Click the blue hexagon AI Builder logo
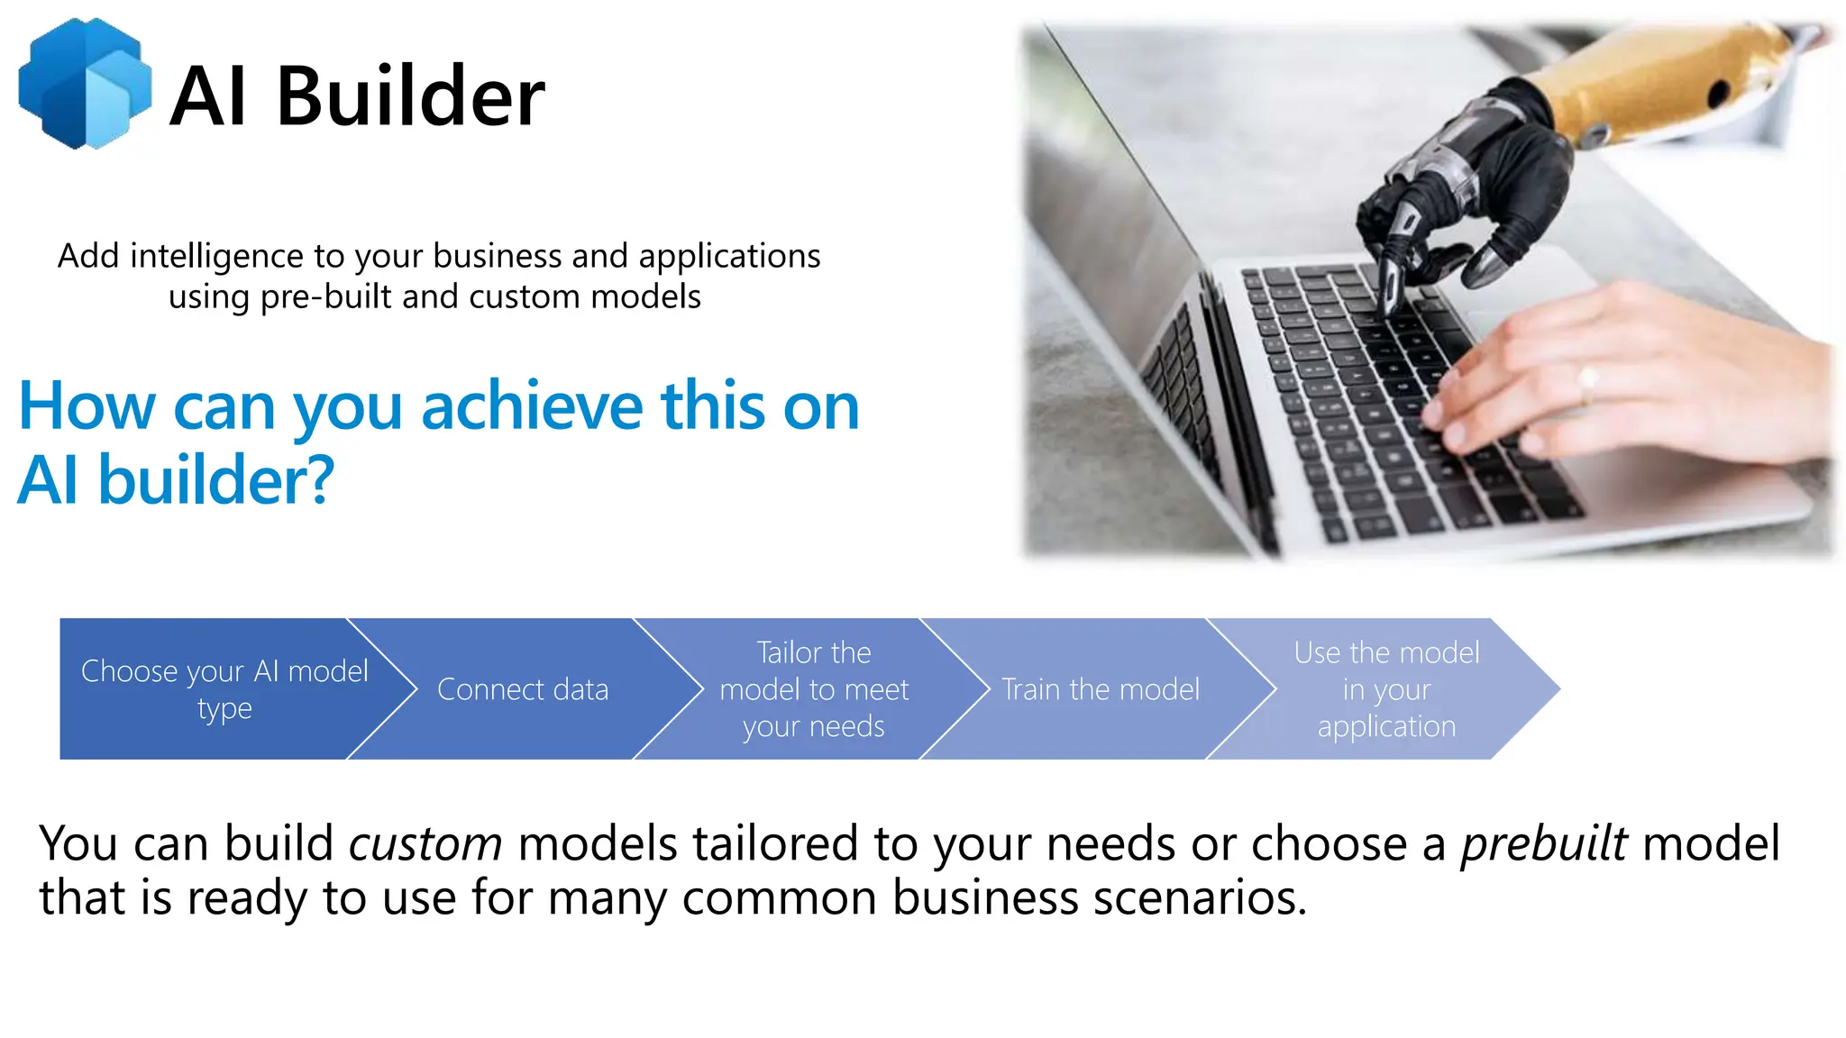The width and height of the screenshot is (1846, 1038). [85, 84]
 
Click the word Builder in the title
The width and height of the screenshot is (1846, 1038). [410, 96]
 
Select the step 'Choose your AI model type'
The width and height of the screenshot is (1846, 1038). [224, 689]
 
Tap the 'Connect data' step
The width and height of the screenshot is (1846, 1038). [523, 689]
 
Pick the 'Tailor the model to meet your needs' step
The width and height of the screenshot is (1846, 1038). [813, 689]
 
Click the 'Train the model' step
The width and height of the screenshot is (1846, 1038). [1101, 689]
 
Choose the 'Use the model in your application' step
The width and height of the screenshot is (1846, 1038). [1386, 689]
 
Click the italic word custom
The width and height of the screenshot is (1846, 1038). [425, 844]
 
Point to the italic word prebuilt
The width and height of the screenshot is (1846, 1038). [1543, 844]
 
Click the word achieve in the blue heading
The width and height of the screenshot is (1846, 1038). [532, 406]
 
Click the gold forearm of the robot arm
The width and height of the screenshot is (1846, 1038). [1659, 86]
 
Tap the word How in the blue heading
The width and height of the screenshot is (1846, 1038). [87, 406]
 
